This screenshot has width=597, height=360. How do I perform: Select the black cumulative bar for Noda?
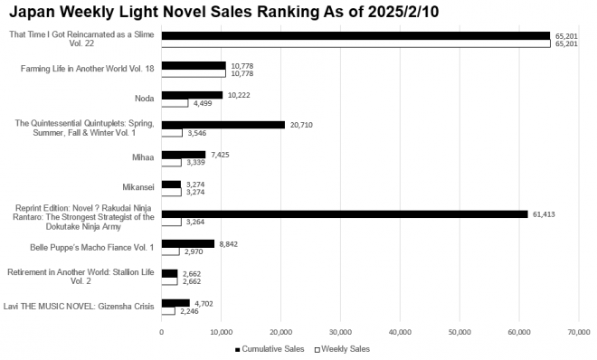[192, 95]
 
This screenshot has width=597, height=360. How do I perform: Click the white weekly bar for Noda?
[175, 103]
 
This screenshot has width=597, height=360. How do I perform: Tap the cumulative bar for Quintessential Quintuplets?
[223, 125]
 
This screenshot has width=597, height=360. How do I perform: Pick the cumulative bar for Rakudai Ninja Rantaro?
[344, 213]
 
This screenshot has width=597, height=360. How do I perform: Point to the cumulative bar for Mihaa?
[183, 155]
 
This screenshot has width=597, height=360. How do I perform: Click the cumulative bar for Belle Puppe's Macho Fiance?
[187, 243]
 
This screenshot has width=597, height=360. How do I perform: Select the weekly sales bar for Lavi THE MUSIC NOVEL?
[167, 310]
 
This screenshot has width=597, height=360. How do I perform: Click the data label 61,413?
[544, 213]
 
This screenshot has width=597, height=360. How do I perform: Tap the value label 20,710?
[300, 125]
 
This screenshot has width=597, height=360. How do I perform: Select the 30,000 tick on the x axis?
[340, 332]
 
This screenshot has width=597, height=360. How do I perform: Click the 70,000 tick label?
[578, 332]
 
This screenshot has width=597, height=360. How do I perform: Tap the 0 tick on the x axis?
[162, 332]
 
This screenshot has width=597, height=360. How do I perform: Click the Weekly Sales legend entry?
[345, 348]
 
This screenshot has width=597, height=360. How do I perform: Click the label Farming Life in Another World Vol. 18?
[87, 68]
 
